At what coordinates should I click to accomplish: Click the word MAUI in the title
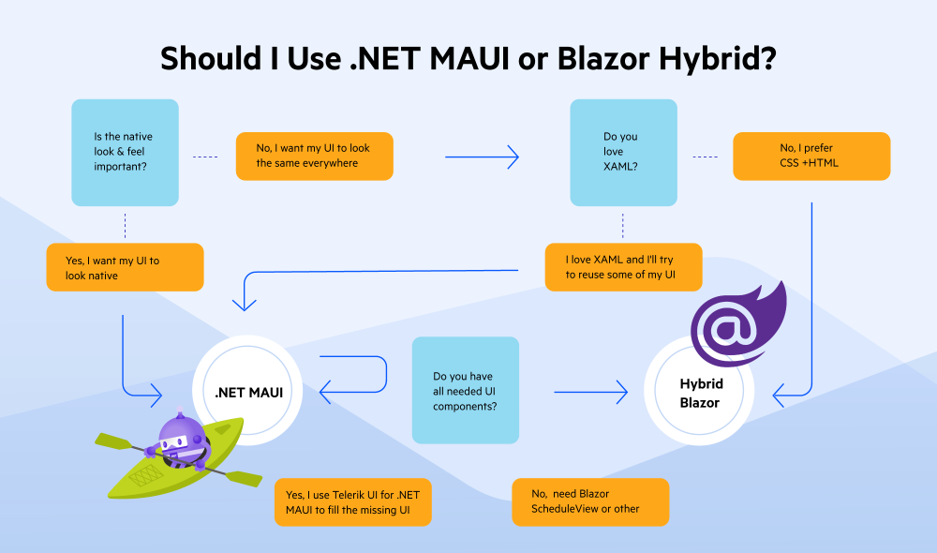pos(469,59)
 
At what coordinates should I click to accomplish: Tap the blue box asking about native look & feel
pos(125,153)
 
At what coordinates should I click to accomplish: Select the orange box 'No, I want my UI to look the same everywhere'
pos(314,156)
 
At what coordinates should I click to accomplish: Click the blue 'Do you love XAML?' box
pos(623,153)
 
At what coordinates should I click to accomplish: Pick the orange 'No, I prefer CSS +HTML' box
pos(811,156)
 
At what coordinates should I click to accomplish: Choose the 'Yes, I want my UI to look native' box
pos(125,267)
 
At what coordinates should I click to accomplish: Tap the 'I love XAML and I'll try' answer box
pos(623,267)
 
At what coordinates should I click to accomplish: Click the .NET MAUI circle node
pos(247,391)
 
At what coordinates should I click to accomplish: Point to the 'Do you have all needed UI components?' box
pos(466,390)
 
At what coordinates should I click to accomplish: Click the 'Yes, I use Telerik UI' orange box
pos(352,502)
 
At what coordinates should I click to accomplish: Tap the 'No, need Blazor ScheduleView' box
pos(590,502)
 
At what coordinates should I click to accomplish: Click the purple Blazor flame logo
pos(738,324)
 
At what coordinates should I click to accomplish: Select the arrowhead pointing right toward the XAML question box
pos(513,157)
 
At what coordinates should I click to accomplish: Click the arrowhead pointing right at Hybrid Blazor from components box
pos(622,392)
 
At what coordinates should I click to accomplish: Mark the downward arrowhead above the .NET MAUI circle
pos(244,305)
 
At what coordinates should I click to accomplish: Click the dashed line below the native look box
pos(125,225)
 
